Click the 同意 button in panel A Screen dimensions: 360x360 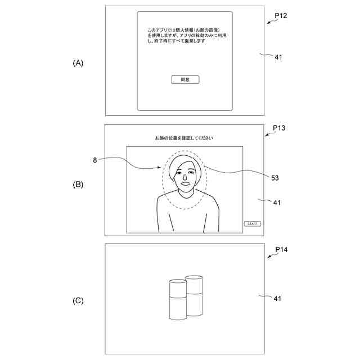pyautogui.click(x=185, y=80)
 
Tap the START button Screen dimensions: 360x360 pyautogui.click(x=253, y=224)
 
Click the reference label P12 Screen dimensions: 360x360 pyautogui.click(x=281, y=15)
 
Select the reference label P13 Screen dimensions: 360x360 pyautogui.click(x=279, y=128)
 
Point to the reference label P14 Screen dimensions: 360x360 pyautogui.click(x=281, y=249)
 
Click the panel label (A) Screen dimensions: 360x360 pyautogui.click(x=78, y=63)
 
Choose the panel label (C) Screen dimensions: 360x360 pyautogui.click(x=78, y=300)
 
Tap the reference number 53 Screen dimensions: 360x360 pyautogui.click(x=275, y=178)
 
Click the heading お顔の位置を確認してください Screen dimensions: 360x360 pyautogui.click(x=184, y=138)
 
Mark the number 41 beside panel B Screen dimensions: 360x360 pyautogui.click(x=277, y=202)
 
